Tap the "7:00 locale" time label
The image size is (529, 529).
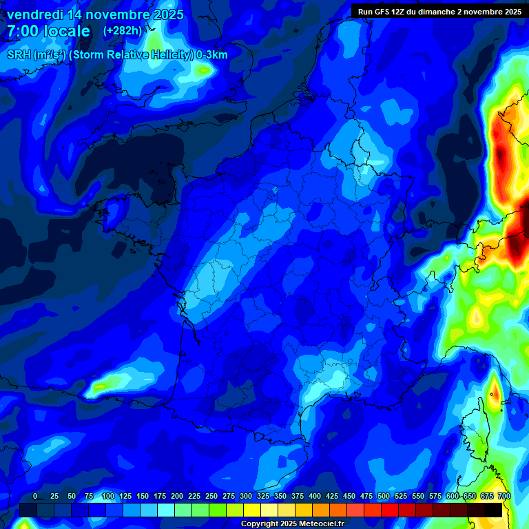tap(49, 31)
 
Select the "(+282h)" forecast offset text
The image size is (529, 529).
tap(123, 31)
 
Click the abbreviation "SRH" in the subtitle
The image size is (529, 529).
tap(19, 55)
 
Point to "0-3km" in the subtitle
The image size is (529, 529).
tap(212, 55)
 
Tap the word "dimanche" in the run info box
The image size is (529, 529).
tap(452, 11)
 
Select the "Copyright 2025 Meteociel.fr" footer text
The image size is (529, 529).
tap(292, 524)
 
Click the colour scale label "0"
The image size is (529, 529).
tap(35, 497)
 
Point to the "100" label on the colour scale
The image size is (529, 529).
tap(108, 497)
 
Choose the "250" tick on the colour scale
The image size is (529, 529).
tap(211, 497)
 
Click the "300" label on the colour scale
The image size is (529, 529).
tap(246, 497)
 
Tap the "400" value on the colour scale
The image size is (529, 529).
tap(315, 497)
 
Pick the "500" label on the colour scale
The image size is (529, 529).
tap(384, 497)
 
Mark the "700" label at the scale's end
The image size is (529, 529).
tap(504, 497)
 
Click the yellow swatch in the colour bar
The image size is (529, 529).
tap(252, 510)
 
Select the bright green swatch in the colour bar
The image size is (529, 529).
tap(218, 510)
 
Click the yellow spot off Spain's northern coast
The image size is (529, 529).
tap(101, 387)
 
